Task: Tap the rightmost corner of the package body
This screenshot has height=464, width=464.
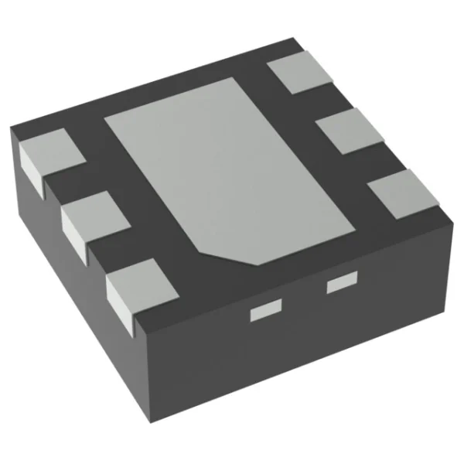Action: coord(448,219)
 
